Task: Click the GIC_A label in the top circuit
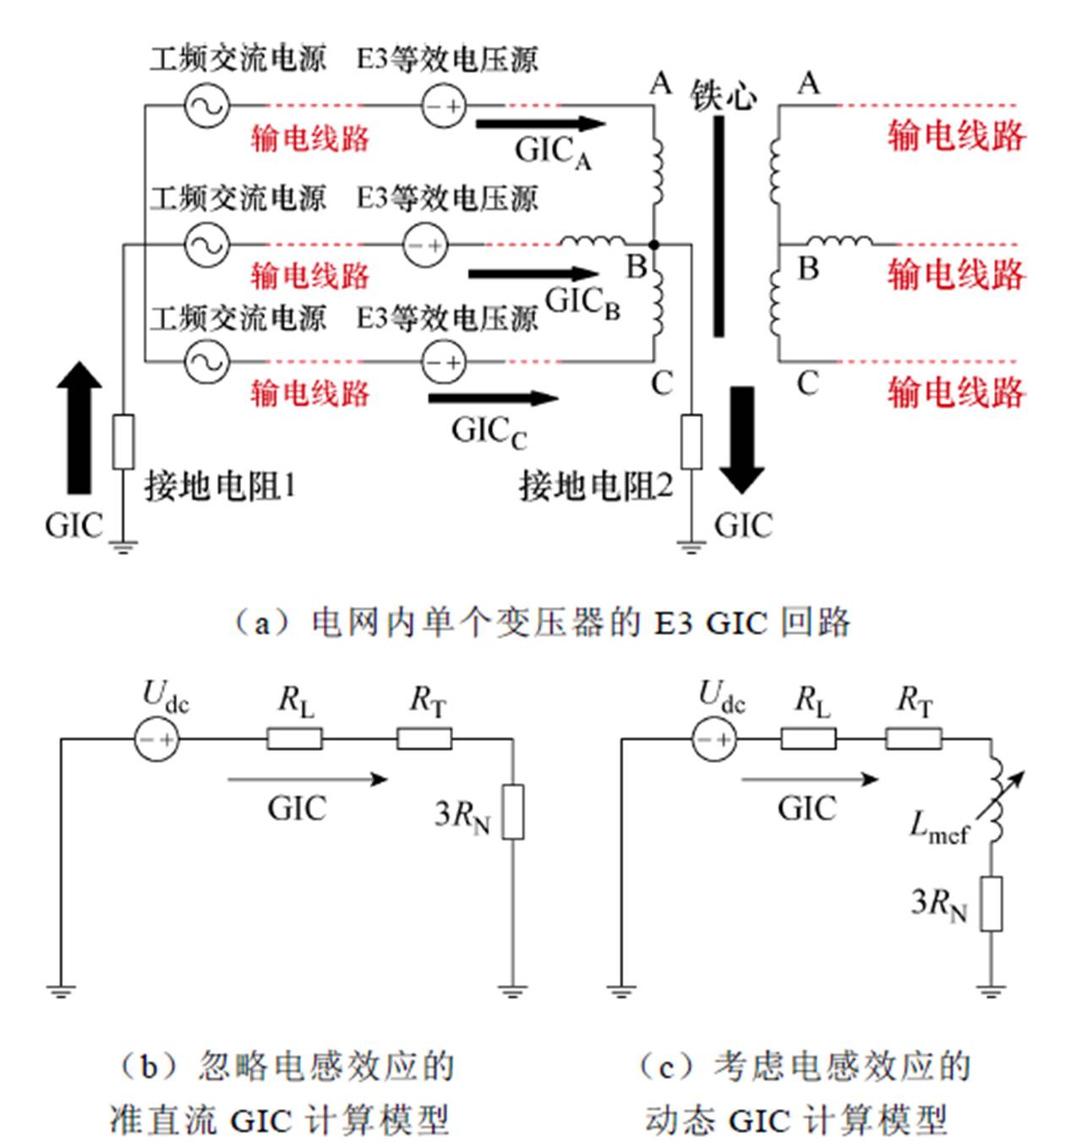tap(552, 152)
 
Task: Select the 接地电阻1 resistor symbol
tap(123, 441)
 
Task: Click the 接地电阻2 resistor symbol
tap(691, 441)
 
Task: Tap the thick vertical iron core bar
tap(719, 226)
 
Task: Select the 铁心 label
tap(723, 95)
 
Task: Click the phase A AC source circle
tap(206, 106)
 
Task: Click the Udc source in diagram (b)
tap(157, 740)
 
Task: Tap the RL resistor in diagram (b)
tap(294, 740)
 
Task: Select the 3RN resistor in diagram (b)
tap(512, 812)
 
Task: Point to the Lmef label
tap(938, 827)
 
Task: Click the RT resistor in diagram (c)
tap(913, 740)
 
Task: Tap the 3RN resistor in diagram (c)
tap(991, 904)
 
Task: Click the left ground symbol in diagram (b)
tap(61, 990)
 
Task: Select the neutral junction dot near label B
tap(654, 245)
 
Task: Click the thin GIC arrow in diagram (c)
tap(810, 780)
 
